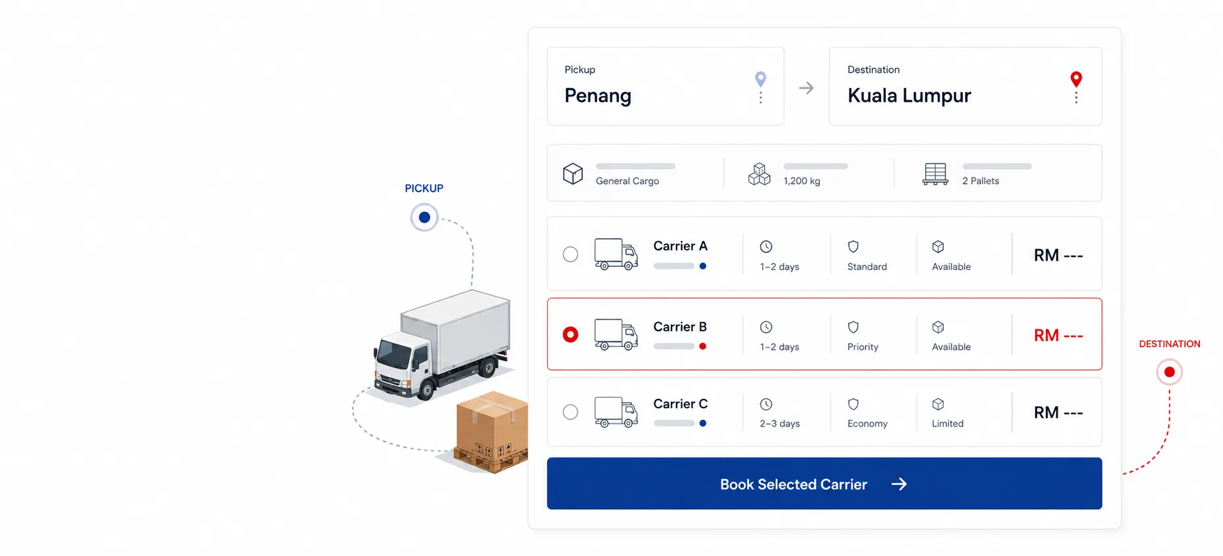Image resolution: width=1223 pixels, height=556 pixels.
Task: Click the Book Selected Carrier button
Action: [x=824, y=483]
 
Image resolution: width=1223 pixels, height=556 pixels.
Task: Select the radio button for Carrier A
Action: [x=570, y=254]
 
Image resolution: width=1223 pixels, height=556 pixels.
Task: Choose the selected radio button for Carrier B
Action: [x=570, y=335]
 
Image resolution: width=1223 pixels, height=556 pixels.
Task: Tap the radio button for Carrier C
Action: [x=570, y=412]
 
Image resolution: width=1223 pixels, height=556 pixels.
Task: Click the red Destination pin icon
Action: [x=1076, y=79]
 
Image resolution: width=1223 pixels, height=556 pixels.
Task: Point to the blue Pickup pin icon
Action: [x=760, y=79]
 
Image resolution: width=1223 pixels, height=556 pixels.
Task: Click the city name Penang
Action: [x=598, y=96]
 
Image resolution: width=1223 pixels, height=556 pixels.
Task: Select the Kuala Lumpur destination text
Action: [x=909, y=96]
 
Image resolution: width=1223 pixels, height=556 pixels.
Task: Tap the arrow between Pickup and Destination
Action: [x=806, y=88]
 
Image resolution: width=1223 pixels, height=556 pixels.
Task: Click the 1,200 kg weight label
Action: [x=802, y=181]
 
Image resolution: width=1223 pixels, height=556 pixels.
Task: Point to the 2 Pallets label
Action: [x=980, y=181]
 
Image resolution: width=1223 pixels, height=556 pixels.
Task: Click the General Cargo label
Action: [x=627, y=181]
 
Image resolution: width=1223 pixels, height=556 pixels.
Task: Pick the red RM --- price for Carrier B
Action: [x=1058, y=335]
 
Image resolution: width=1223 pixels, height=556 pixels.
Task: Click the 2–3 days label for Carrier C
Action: [x=780, y=424]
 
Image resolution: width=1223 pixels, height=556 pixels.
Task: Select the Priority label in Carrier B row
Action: [x=863, y=347]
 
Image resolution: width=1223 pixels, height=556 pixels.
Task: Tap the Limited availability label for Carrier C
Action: [x=947, y=424]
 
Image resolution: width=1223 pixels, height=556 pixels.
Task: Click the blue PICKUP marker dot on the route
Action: [x=424, y=217]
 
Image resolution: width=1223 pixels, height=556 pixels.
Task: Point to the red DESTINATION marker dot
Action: [x=1169, y=372]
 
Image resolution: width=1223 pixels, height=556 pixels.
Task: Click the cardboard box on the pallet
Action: [x=492, y=424]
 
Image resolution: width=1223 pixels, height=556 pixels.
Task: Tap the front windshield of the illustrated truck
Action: [x=395, y=356]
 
